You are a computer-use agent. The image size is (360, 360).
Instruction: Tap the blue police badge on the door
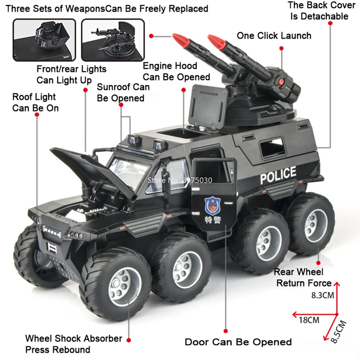[x=211, y=206]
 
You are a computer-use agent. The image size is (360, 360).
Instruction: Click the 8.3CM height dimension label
[x=323, y=296]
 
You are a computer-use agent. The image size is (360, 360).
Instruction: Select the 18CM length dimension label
[x=309, y=319]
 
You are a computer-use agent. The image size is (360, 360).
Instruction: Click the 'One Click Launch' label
[x=274, y=36]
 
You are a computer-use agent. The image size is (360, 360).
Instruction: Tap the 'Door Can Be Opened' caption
[x=238, y=342]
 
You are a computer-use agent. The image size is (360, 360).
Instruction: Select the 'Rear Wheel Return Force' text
[x=303, y=278]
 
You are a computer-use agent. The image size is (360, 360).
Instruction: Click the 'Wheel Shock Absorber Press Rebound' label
[x=73, y=344]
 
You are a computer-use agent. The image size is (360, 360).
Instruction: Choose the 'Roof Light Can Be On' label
[x=35, y=102]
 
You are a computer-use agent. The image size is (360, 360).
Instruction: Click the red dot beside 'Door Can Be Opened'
[x=226, y=330]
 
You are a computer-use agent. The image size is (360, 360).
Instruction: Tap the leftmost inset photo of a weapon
[x=44, y=40]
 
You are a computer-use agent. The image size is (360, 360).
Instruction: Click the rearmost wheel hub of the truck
[x=315, y=225]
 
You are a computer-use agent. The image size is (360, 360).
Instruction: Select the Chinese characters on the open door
[x=211, y=220]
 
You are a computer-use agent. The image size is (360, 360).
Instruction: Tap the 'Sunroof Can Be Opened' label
[x=123, y=93]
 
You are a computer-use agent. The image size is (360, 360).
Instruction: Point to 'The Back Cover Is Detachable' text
[x=318, y=11]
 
